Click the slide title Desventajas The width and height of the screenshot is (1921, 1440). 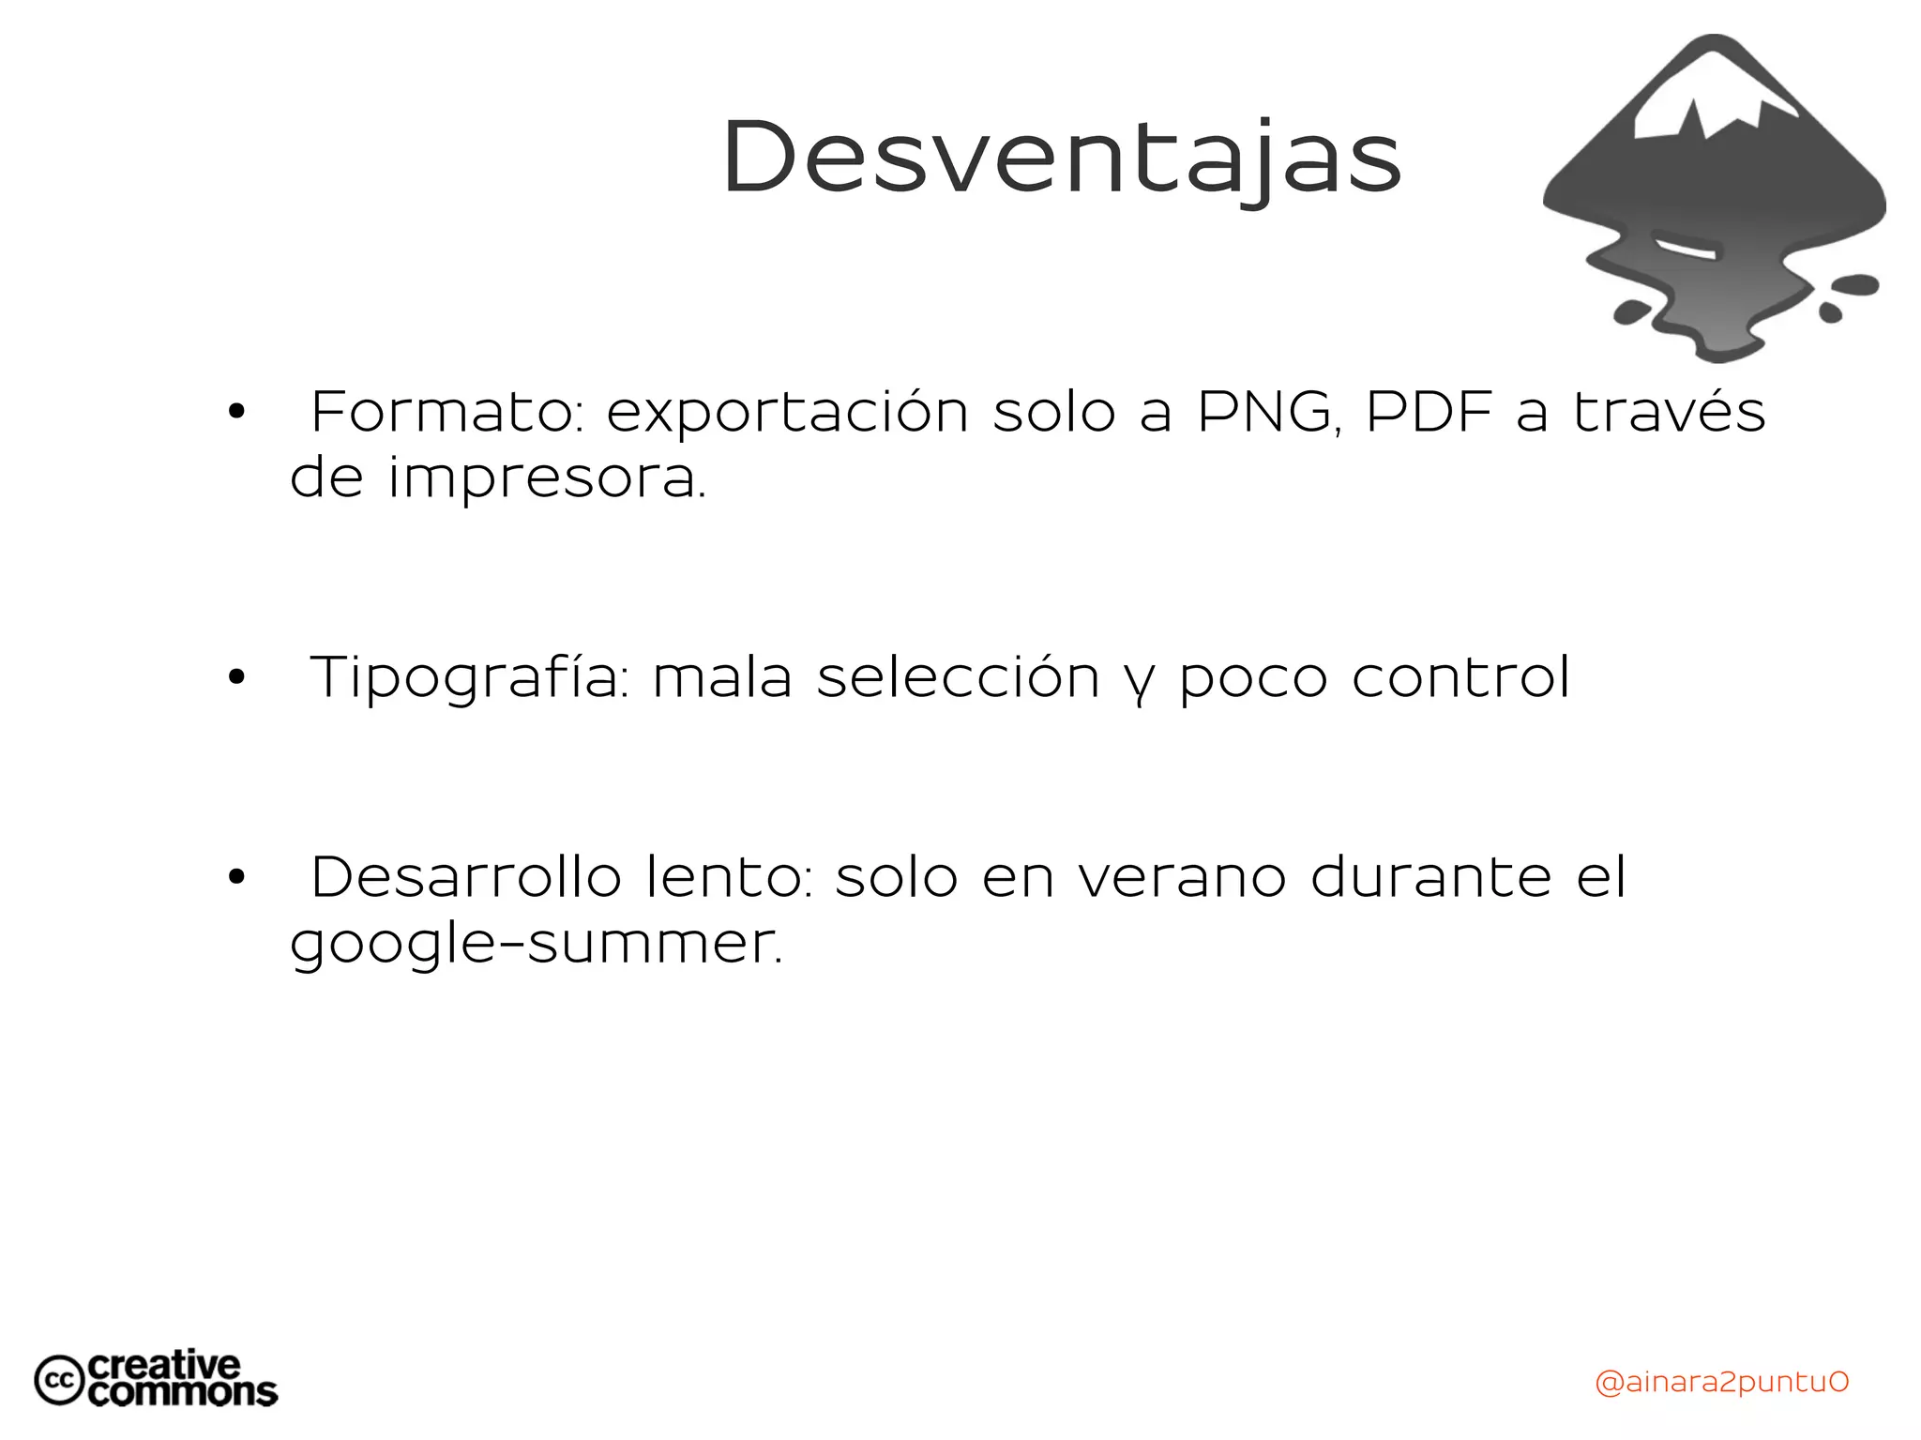pos(1061,159)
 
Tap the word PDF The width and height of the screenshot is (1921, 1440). pos(1429,412)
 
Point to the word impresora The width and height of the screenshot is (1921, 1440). pos(546,479)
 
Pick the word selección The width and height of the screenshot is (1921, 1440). pos(958,677)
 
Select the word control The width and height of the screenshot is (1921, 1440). pos(1460,677)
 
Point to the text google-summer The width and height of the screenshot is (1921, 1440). pos(536,945)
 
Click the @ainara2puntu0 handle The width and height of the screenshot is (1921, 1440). pos(1721,1382)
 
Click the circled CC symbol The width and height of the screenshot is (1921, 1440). pos(60,1380)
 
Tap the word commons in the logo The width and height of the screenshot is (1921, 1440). pos(183,1392)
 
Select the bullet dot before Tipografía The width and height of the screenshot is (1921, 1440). pos(235,677)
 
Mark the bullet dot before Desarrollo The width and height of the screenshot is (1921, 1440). pos(235,877)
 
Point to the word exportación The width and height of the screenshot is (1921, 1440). pos(787,414)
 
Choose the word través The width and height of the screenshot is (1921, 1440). pos(1669,412)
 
